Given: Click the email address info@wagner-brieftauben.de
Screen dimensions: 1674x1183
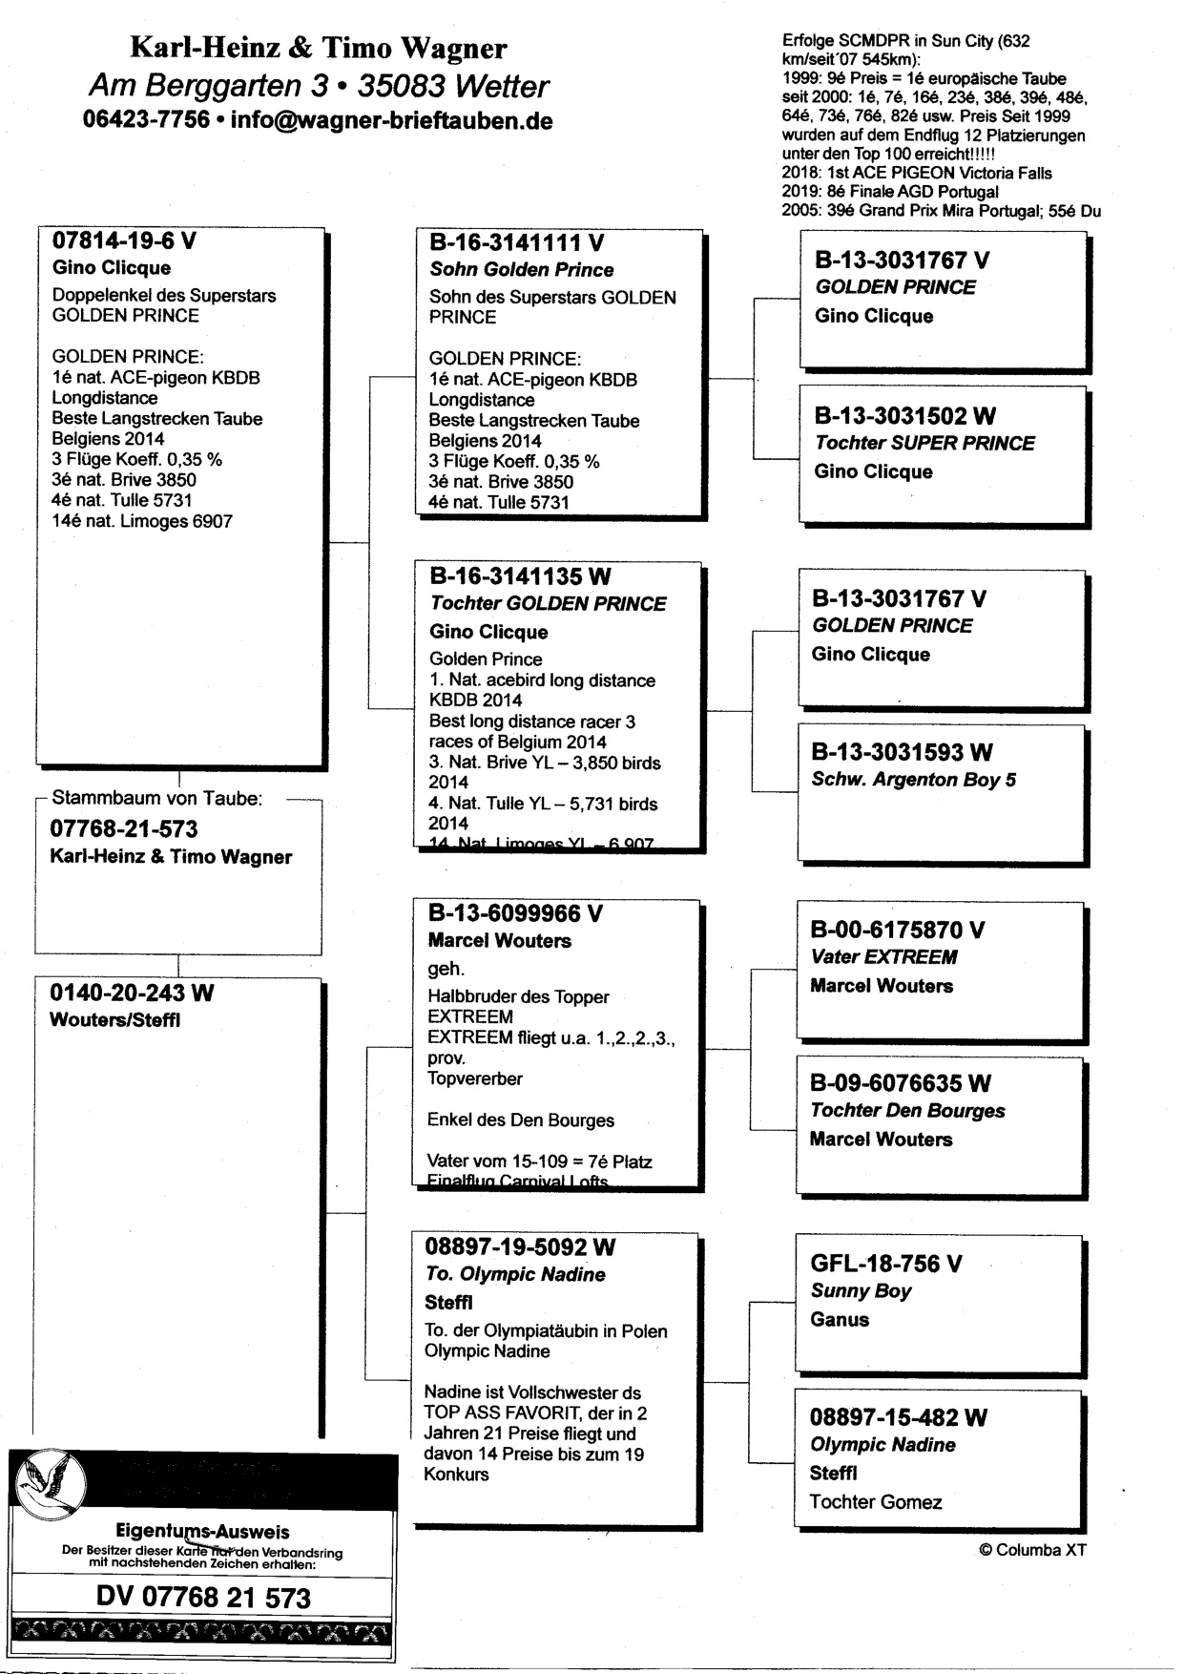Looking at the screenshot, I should point(391,121).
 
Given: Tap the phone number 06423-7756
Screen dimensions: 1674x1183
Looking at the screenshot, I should point(146,121).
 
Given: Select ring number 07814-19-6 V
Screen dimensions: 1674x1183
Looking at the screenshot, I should point(123,241).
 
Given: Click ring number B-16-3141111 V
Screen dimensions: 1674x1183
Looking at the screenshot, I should point(516,243).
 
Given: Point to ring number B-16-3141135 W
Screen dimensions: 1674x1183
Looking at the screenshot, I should point(520,576).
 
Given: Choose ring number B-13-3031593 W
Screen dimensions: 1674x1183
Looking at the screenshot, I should point(902,752).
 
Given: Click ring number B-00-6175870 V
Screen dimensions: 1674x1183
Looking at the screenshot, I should point(898,930).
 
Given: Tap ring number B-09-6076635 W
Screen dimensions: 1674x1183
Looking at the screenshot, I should point(900,1083).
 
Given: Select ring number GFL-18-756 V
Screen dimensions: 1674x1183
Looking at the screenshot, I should point(885,1264).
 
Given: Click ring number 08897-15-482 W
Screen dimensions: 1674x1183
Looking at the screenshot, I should point(898,1417).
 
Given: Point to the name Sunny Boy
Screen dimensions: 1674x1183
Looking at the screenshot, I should point(861,1291).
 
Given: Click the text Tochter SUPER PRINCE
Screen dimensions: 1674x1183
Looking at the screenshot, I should point(924,444).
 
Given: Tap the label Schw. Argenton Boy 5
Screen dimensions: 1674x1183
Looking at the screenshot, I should point(913,780).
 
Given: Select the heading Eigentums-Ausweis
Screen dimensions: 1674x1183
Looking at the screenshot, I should point(202,1533).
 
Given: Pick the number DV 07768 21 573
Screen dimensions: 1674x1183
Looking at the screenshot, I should point(203,1598).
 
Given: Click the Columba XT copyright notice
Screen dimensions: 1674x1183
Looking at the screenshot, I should point(1032,1551).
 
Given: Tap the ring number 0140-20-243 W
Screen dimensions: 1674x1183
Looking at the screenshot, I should point(132,994).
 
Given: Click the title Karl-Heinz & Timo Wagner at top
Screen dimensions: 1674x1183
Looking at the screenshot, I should point(318,48).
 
